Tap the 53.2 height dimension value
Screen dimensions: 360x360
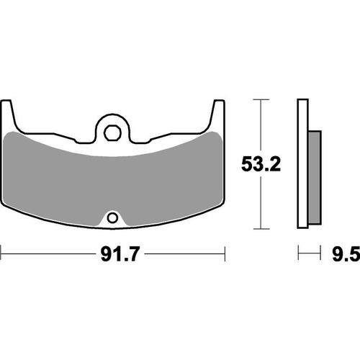[259, 164]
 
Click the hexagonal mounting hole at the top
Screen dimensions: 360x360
[112, 132]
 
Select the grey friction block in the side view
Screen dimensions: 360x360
[313, 177]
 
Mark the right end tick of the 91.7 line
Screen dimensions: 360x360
[226, 253]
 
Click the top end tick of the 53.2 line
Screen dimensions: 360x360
[259, 99]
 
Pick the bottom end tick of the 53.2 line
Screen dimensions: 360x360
[259, 228]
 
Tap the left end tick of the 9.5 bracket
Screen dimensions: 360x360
[298, 253]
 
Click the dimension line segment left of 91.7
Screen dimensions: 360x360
[47, 253]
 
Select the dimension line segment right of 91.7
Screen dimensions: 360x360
[180, 253]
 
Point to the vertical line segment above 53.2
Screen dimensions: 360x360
[259, 126]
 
